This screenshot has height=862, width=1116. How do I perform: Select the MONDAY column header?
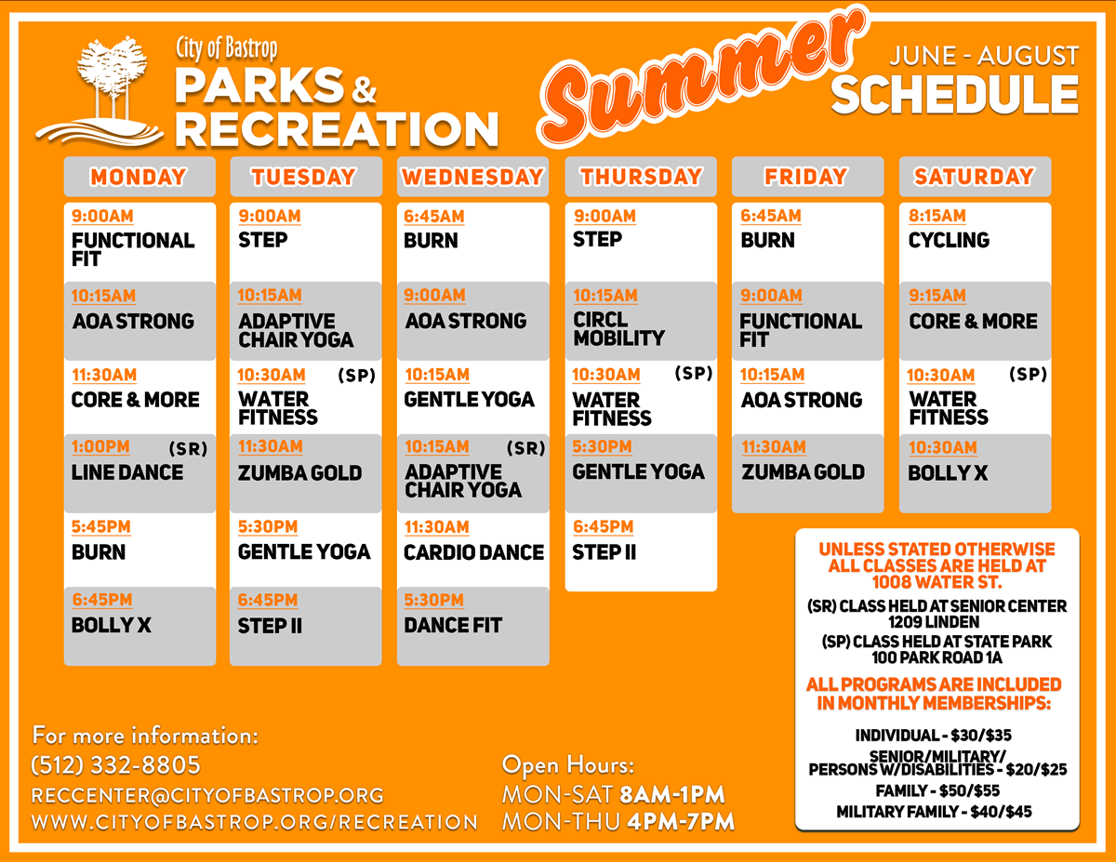139,177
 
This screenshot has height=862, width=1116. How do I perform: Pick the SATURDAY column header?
975,177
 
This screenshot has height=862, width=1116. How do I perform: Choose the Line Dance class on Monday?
139,473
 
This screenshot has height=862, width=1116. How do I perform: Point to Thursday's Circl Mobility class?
641,321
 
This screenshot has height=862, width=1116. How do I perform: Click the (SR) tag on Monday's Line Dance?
188,449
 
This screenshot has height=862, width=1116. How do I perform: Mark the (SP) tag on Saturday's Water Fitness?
1028,374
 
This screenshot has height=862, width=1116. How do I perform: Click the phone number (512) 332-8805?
115,765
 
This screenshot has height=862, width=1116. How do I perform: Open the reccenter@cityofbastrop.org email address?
207,795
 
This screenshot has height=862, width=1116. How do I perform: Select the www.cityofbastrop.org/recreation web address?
255,822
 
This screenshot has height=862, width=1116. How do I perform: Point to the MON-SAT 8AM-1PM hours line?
613,795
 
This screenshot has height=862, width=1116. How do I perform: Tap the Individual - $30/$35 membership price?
933,736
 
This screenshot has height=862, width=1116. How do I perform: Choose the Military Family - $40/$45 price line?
934,812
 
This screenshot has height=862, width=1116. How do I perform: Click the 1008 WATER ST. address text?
937,582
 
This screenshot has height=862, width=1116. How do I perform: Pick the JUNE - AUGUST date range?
984,56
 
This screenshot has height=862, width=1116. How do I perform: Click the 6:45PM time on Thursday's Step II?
603,526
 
